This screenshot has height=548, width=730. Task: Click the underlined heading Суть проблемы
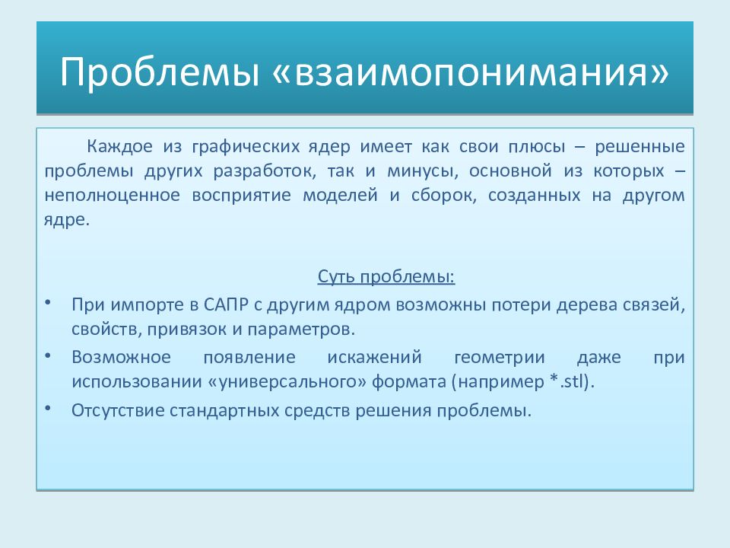tap(386, 276)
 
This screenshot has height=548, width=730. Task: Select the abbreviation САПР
tap(223, 305)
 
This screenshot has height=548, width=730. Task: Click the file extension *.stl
tap(567, 381)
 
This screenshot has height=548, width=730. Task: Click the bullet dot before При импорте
tap(49, 303)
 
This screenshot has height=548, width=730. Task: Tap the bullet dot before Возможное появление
tap(49, 355)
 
